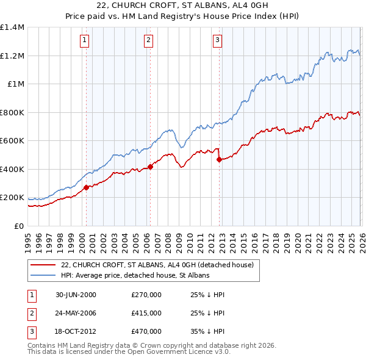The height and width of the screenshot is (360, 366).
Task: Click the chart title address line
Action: tap(183, 6)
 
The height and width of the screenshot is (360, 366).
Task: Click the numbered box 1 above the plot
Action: tap(84, 41)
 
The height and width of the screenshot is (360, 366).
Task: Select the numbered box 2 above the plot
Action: tap(148, 41)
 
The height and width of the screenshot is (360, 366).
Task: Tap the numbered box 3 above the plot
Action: tap(217, 41)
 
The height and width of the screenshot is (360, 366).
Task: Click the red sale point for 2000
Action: tap(86, 187)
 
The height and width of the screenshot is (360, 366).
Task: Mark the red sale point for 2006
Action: tap(150, 167)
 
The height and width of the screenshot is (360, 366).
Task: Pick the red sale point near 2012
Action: tap(219, 160)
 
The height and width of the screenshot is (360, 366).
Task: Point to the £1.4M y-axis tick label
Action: tap(12, 27)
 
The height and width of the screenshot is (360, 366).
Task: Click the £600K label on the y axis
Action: tap(12, 141)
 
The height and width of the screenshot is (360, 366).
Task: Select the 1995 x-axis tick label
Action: tap(27, 238)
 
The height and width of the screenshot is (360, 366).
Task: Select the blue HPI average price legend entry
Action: tap(135, 276)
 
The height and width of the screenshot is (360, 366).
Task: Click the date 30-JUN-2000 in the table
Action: tap(76, 295)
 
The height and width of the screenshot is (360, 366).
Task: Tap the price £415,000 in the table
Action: tap(146, 313)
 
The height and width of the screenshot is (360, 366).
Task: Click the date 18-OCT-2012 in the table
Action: tap(76, 331)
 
